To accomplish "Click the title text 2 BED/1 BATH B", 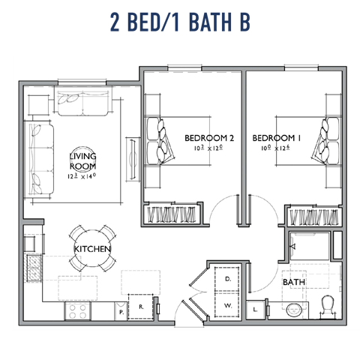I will (x=179, y=22).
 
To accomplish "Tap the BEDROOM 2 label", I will (x=210, y=139).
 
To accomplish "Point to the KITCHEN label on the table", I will (x=93, y=248).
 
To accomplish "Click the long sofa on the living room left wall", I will (x=37, y=157).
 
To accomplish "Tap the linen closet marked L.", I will (x=256, y=308).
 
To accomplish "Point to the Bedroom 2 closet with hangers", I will (x=172, y=214).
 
